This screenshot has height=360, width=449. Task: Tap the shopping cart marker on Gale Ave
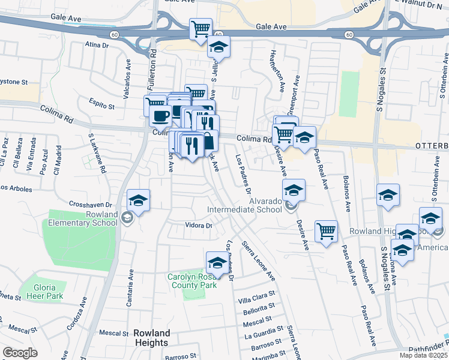click(200, 29)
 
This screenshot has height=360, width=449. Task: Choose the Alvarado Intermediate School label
click(244, 205)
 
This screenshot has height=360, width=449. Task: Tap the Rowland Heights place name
click(152, 337)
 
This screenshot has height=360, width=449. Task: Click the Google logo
click(20, 353)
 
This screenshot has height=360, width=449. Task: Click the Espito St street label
click(101, 106)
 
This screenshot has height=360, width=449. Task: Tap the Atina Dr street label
click(97, 44)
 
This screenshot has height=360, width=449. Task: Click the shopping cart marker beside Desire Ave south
click(326, 231)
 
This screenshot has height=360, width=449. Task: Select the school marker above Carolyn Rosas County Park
click(217, 262)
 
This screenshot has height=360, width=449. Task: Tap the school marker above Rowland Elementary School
click(138, 200)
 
